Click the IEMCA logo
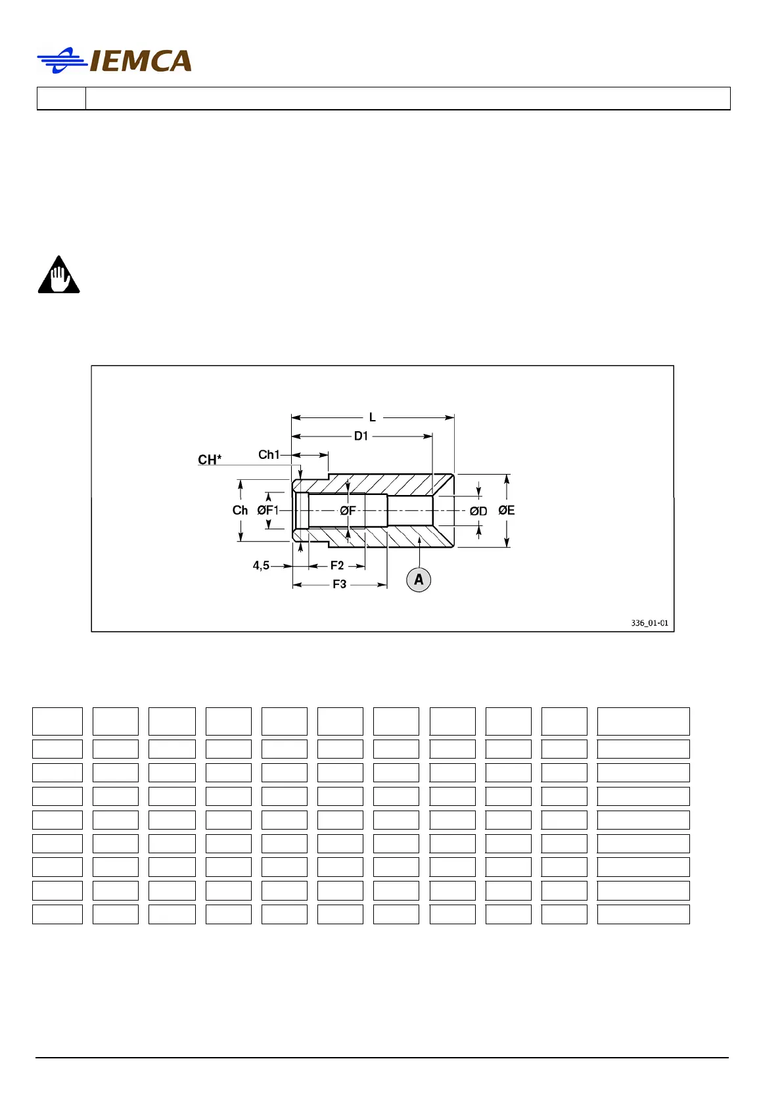pyautogui.click(x=115, y=60)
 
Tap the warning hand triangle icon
pyautogui.click(x=59, y=275)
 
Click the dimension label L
pyautogui.click(x=372, y=417)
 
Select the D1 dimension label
pyautogui.click(x=361, y=436)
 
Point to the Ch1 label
pyautogui.click(x=268, y=454)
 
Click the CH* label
pyautogui.click(x=210, y=459)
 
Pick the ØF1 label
pyautogui.click(x=268, y=510)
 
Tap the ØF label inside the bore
pyautogui.click(x=348, y=510)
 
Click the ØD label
pyautogui.click(x=478, y=511)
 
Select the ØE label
pyautogui.click(x=507, y=510)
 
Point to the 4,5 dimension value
pyautogui.click(x=261, y=565)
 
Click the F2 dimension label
pyautogui.click(x=337, y=565)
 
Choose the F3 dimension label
pyautogui.click(x=339, y=584)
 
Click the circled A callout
pyautogui.click(x=419, y=580)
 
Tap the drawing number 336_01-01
pyautogui.click(x=649, y=623)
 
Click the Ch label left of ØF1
pyautogui.click(x=240, y=510)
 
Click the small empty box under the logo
pyautogui.click(x=61, y=99)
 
